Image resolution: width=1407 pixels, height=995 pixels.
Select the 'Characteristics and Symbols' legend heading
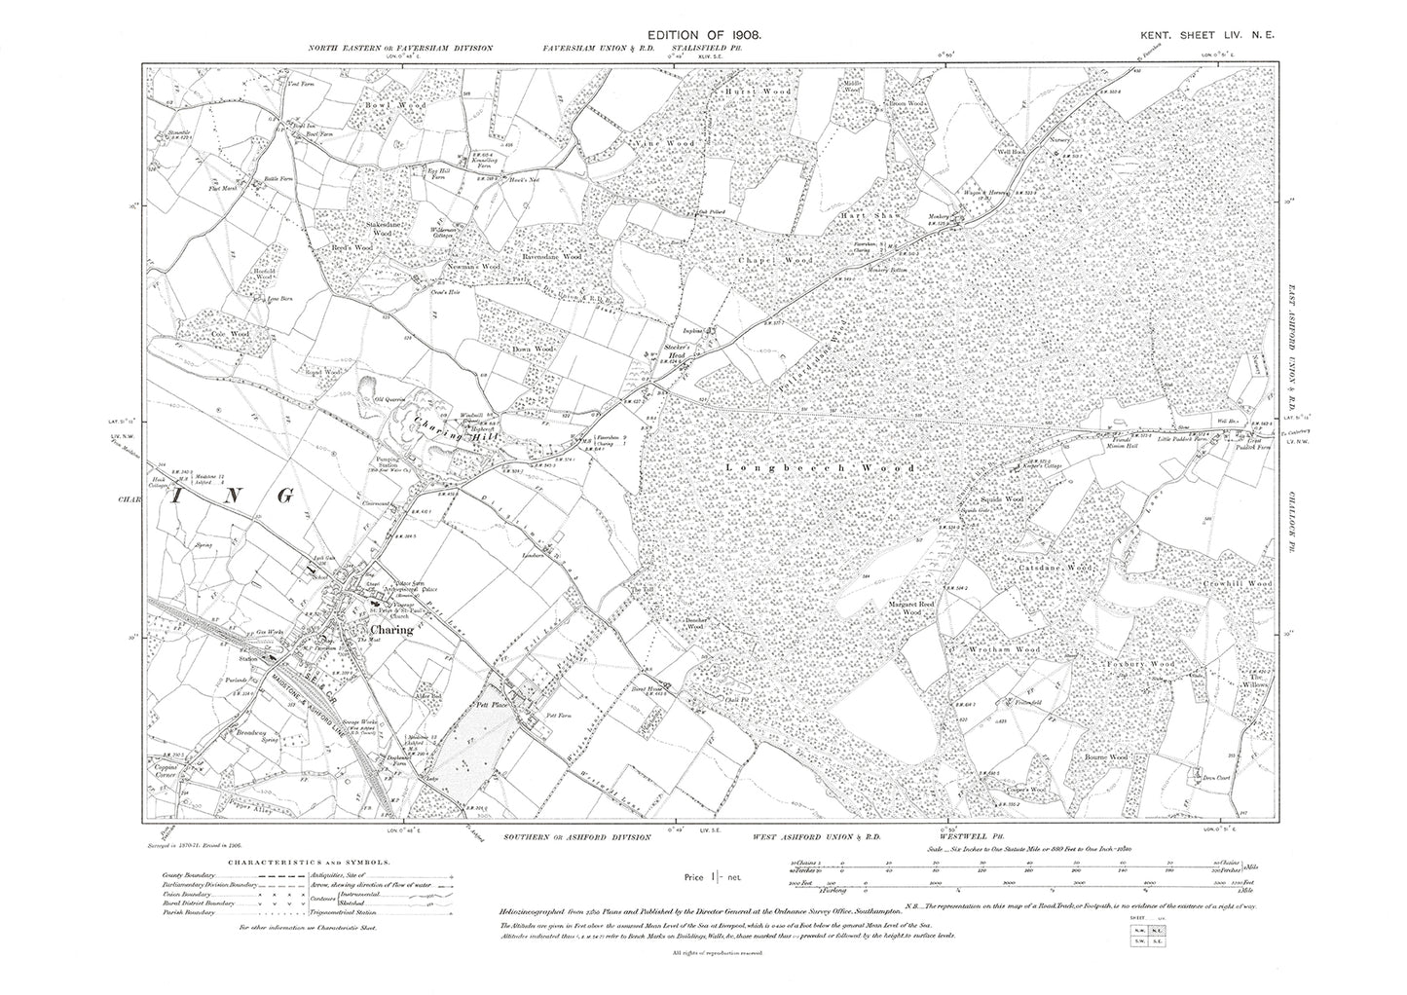point(311,863)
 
